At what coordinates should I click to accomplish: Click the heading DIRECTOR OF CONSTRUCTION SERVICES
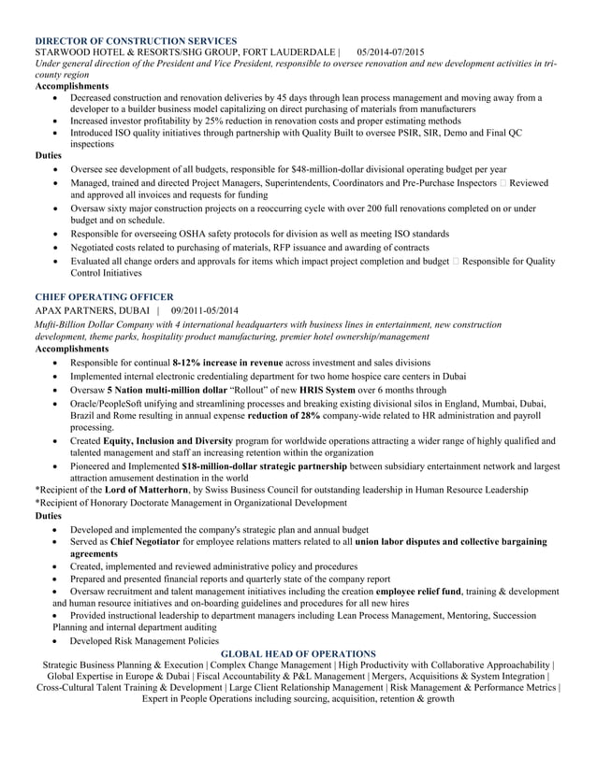click(x=136, y=41)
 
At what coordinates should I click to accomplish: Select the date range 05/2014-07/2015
click(x=390, y=52)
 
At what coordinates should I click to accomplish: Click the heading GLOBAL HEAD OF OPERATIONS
click(x=298, y=653)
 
